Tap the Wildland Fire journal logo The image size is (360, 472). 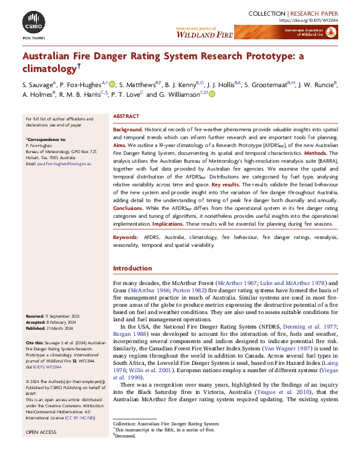point(213,33)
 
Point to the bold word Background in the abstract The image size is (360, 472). point(128,130)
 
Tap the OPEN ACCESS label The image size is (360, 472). point(41,433)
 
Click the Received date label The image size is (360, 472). point(38,316)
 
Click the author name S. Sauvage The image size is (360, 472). point(38,84)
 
